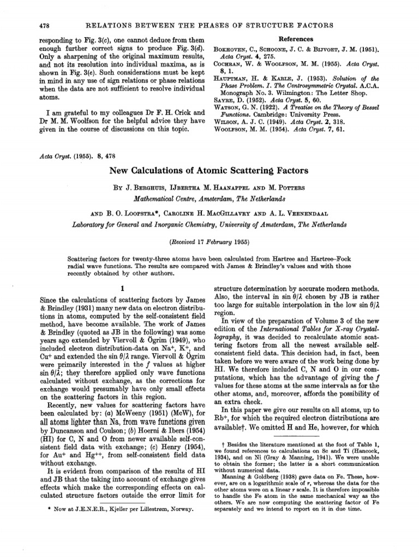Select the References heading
pos(296,39)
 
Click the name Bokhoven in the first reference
pos(235,49)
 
